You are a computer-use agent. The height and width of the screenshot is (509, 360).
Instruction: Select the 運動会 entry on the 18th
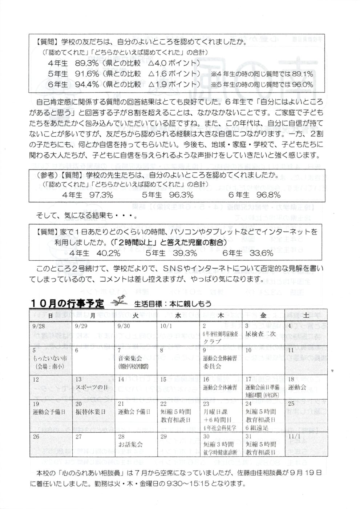coord(298,387)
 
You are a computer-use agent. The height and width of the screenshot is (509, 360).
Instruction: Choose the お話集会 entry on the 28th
coord(130,444)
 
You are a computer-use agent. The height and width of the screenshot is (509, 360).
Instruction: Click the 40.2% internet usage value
coord(98,253)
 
